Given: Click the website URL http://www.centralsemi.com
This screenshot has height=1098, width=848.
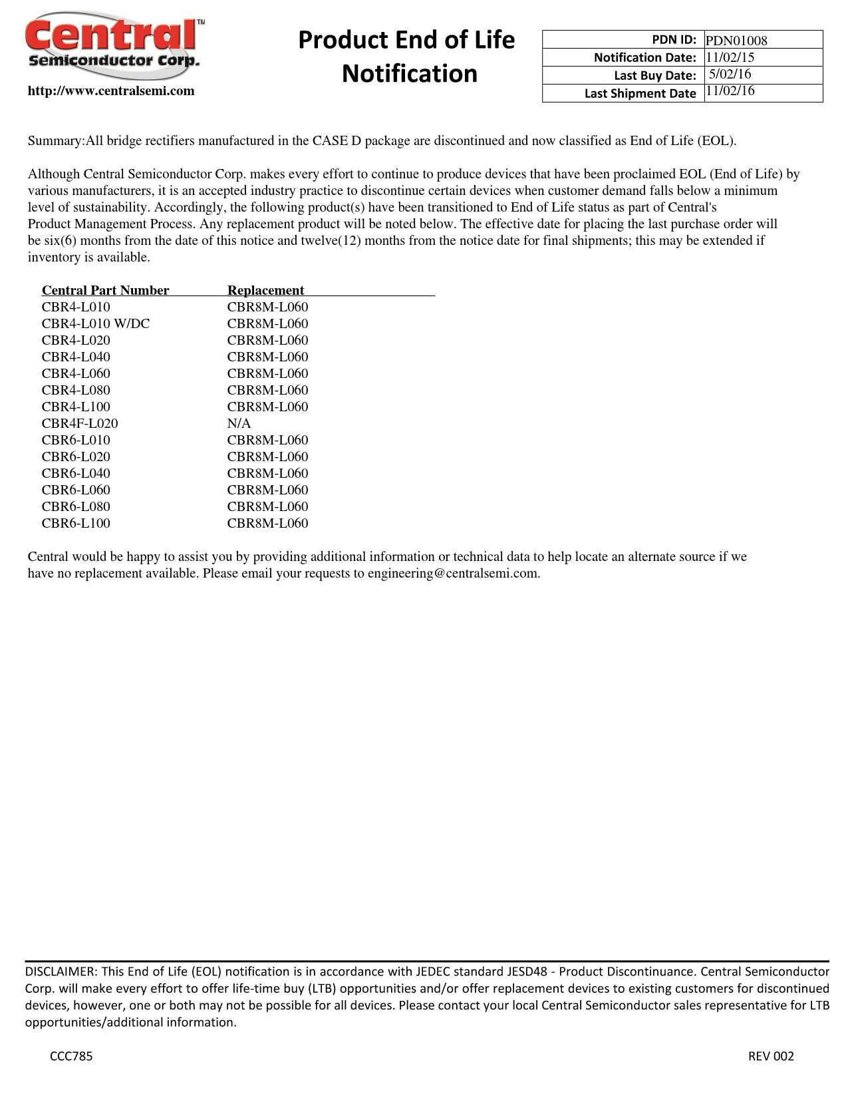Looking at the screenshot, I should (111, 91).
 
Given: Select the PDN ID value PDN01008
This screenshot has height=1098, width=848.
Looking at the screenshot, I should (736, 41).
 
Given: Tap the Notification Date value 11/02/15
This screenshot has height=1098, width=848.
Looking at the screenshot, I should (730, 57).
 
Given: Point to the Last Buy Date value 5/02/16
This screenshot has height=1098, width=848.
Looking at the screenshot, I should (730, 74).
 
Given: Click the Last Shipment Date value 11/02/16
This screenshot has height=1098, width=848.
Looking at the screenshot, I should (730, 91).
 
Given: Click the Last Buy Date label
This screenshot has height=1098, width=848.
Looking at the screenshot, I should (654, 75).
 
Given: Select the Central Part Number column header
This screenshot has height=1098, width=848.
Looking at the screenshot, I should (105, 290).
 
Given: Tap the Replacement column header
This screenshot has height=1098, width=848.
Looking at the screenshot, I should (265, 290).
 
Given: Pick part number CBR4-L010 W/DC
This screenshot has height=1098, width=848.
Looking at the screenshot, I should (96, 323).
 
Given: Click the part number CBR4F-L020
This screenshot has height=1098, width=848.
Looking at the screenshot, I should (80, 423).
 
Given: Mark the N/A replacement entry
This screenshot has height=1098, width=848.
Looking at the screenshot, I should (239, 423).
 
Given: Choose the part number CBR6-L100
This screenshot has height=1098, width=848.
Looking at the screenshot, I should (76, 523).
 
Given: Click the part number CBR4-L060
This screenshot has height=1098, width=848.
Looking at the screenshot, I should (76, 373).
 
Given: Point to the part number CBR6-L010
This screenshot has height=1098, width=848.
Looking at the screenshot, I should (76, 440).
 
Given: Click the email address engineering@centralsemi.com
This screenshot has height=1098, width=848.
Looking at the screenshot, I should (454, 574).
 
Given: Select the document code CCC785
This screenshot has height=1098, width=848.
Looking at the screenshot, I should (71, 1056).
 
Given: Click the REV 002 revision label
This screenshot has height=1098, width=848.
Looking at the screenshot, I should (771, 1056).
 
